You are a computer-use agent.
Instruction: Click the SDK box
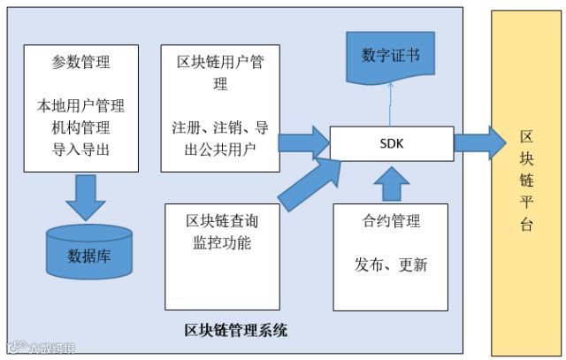click(x=391, y=143)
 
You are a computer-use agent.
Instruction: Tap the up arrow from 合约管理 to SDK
click(x=390, y=182)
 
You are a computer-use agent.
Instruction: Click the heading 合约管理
click(x=391, y=221)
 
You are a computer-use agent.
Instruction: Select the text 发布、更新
click(x=391, y=264)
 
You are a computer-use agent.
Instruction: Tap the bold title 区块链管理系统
click(x=235, y=331)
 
